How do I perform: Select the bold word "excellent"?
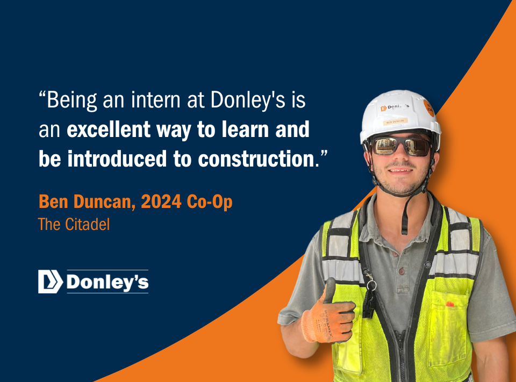(109, 129)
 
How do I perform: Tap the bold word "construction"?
(256, 158)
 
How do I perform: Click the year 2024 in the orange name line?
(161, 201)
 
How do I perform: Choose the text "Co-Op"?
(210, 202)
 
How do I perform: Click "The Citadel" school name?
(74, 225)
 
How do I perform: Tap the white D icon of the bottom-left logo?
(51, 282)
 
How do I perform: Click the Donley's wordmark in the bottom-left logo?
(107, 282)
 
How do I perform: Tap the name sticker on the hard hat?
(395, 122)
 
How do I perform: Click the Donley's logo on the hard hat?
(395, 107)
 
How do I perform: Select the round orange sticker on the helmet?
(428, 108)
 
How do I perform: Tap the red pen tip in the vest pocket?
(450, 304)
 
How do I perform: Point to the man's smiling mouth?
(400, 171)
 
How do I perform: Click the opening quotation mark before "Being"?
(42, 95)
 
